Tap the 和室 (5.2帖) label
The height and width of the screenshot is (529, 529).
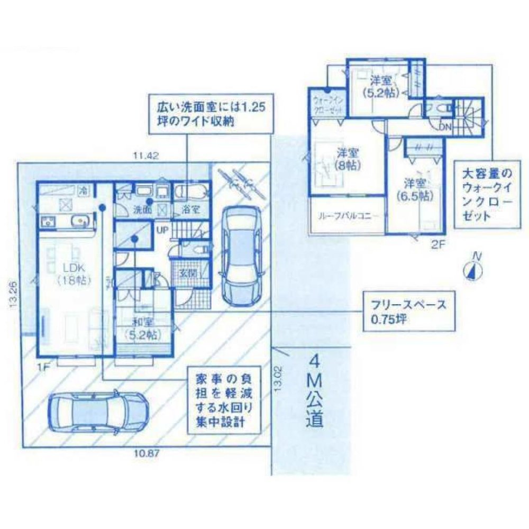tap(142, 328)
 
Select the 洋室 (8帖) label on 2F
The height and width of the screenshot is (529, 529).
tap(348, 159)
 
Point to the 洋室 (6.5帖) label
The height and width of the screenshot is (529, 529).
tap(415, 189)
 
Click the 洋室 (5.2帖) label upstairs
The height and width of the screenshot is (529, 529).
tap(380, 86)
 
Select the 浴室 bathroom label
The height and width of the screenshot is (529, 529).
tap(191, 209)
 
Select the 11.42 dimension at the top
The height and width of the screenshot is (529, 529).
tap(145, 156)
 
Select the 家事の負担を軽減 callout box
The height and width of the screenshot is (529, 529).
tap(222, 402)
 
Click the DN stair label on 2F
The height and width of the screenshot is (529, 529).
tap(445, 127)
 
